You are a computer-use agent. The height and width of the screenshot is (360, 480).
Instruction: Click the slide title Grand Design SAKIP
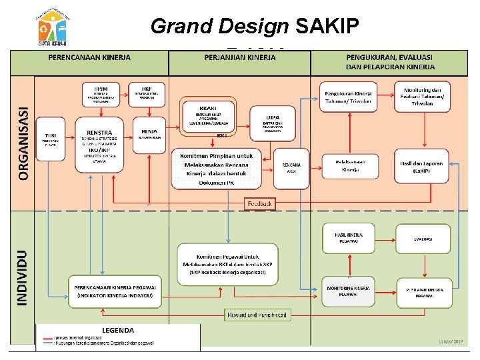[255, 26]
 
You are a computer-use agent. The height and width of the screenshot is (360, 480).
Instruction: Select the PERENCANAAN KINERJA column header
[89, 58]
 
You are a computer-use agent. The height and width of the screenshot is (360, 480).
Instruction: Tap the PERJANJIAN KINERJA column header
[239, 58]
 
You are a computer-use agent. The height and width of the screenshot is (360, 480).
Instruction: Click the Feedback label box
[259, 203]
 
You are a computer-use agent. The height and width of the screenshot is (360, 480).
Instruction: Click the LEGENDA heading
[117, 330]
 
